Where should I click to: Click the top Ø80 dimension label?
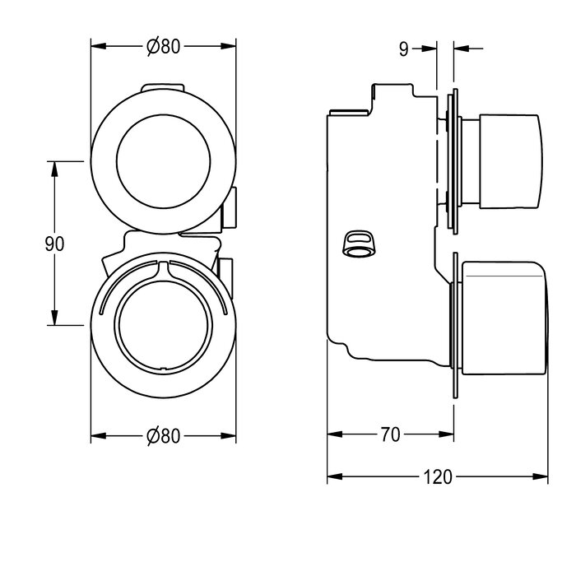pos(164,46)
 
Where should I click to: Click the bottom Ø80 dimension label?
pos(164,436)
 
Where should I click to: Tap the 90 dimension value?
pos(54,244)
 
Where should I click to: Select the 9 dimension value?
pos(403,49)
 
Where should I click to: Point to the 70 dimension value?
pos(390,434)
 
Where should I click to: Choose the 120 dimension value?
pos(438,476)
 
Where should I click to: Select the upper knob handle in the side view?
pos(510,161)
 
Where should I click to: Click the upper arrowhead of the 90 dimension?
pos(54,169)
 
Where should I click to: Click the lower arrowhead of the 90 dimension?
pos(54,318)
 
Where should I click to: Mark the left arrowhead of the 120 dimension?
pos(335,476)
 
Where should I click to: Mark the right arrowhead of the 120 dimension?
pos(540,476)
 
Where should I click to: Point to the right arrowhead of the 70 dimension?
pos(446,434)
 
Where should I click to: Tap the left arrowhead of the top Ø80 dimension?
pos(99,46)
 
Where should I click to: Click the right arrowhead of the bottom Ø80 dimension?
pos(229,436)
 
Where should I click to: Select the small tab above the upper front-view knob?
pos(162,87)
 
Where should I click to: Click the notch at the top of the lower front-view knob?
pos(164,270)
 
